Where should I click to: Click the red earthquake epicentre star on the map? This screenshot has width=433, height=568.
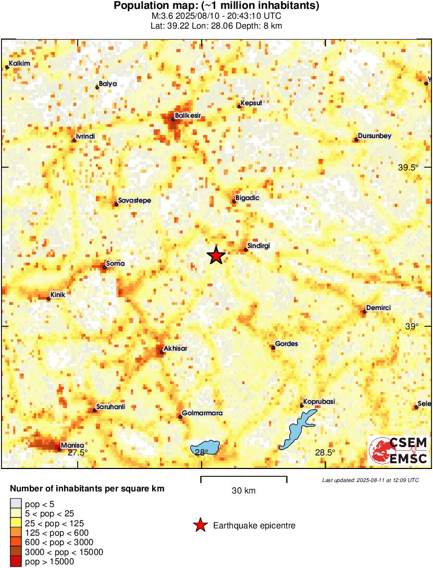click(x=216, y=256)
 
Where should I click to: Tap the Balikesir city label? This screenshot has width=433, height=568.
click(x=188, y=115)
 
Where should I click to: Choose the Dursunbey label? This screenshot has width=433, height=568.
click(x=375, y=136)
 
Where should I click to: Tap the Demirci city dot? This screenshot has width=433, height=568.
click(x=364, y=312)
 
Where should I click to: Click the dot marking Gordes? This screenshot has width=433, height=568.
click(x=273, y=348)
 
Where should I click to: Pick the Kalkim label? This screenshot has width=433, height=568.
click(x=20, y=64)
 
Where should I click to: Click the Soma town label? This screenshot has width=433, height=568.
click(x=115, y=264)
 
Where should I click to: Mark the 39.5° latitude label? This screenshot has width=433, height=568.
click(x=409, y=168)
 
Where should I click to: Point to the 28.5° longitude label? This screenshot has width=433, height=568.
click(x=326, y=452)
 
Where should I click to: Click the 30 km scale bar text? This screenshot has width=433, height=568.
click(x=244, y=491)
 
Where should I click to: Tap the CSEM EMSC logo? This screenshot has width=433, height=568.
click(x=399, y=451)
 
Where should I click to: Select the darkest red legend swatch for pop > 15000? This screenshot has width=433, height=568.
click(x=16, y=562)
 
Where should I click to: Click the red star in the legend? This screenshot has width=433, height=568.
click(x=200, y=526)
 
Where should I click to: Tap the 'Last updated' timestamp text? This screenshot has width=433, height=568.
click(x=370, y=480)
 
